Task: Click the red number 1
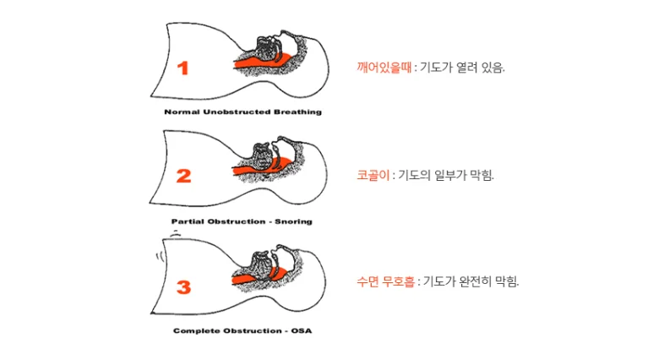coord(182,68)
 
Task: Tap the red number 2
coord(183,176)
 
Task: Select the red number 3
coord(183,287)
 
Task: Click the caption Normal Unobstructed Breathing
coord(242,112)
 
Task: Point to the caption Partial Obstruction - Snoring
coord(242,221)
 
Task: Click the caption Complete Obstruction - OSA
coord(242,330)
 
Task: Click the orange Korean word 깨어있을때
coord(384,67)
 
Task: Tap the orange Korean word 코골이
coord(373,175)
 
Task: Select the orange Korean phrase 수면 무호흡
coord(386,281)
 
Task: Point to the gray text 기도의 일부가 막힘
coord(445,175)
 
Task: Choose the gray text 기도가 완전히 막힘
coord(471,281)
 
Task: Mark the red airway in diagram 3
coord(258,276)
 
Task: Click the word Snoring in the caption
coord(293,221)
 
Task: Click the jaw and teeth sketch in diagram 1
coord(267,46)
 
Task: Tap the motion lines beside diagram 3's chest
coord(160,256)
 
